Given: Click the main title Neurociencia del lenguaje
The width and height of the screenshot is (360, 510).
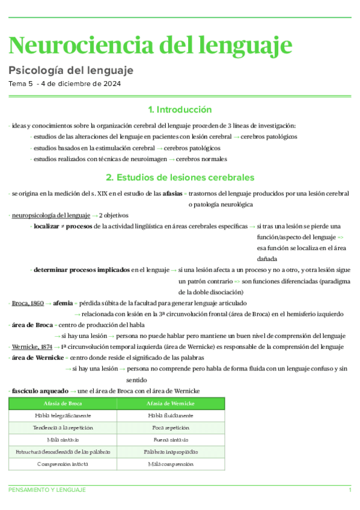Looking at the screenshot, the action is (151, 45).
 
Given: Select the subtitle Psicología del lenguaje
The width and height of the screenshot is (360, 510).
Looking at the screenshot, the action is (70, 70).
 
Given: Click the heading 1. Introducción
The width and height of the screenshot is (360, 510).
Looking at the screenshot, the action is (180, 110).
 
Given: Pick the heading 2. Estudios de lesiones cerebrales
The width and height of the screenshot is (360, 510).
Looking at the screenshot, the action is (180, 177).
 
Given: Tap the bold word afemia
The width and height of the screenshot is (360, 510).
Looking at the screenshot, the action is (63, 304).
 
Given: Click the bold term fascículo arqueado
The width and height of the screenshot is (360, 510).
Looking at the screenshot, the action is (39, 391).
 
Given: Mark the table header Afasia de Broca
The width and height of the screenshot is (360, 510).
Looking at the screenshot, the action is (63, 404).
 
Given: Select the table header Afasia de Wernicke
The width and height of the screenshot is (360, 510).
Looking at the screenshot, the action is (171, 404).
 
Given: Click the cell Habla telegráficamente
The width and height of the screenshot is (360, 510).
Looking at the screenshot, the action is (63, 416).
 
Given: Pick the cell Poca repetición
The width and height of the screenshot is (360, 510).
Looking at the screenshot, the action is (171, 428).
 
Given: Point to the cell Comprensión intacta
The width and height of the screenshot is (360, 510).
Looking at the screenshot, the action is (63, 464).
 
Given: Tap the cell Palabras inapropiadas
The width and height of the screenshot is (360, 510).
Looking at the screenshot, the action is (171, 452).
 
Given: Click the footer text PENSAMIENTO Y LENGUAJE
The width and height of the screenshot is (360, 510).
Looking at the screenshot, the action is (47, 491).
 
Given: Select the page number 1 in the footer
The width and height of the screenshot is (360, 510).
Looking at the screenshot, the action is (350, 491).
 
